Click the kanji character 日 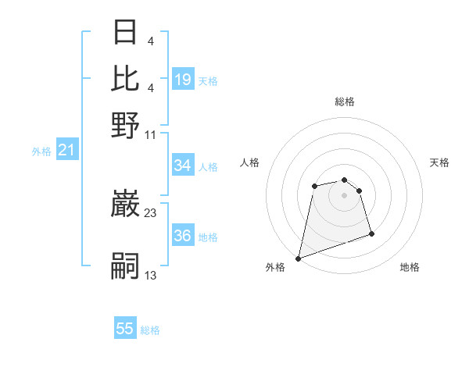tap(125, 33)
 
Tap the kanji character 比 tap(125, 78)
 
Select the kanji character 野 tap(125, 124)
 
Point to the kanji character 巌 tap(125, 205)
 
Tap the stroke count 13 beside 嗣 tap(150, 274)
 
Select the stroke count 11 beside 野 tap(150, 134)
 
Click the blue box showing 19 tap(183, 79)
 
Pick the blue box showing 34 tap(183, 166)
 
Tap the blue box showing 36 tap(183, 237)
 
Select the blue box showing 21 tap(66, 150)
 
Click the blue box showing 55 tap(125, 329)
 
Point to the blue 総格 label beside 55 tap(150, 330)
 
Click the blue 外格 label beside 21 tap(41, 151)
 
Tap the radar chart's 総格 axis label tap(344, 102)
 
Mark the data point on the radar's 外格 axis tap(299, 258)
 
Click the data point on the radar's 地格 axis tap(371, 233)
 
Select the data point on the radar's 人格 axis tap(314, 186)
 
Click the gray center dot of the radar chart tap(344, 194)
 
